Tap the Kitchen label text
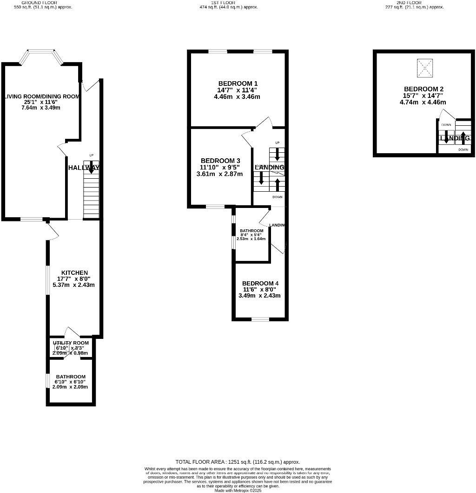click(x=75, y=272)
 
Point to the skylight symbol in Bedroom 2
click(x=424, y=68)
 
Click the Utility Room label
click(x=70, y=343)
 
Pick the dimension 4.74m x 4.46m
click(x=423, y=102)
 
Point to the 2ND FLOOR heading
click(x=409, y=2)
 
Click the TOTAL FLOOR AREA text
click(x=238, y=462)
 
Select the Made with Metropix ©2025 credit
click(x=238, y=490)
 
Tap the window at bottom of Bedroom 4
click(x=260, y=319)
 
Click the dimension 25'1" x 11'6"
click(x=42, y=102)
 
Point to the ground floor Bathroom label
click(x=71, y=376)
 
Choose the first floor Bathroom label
click(x=251, y=231)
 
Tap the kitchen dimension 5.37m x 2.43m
click(x=74, y=285)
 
